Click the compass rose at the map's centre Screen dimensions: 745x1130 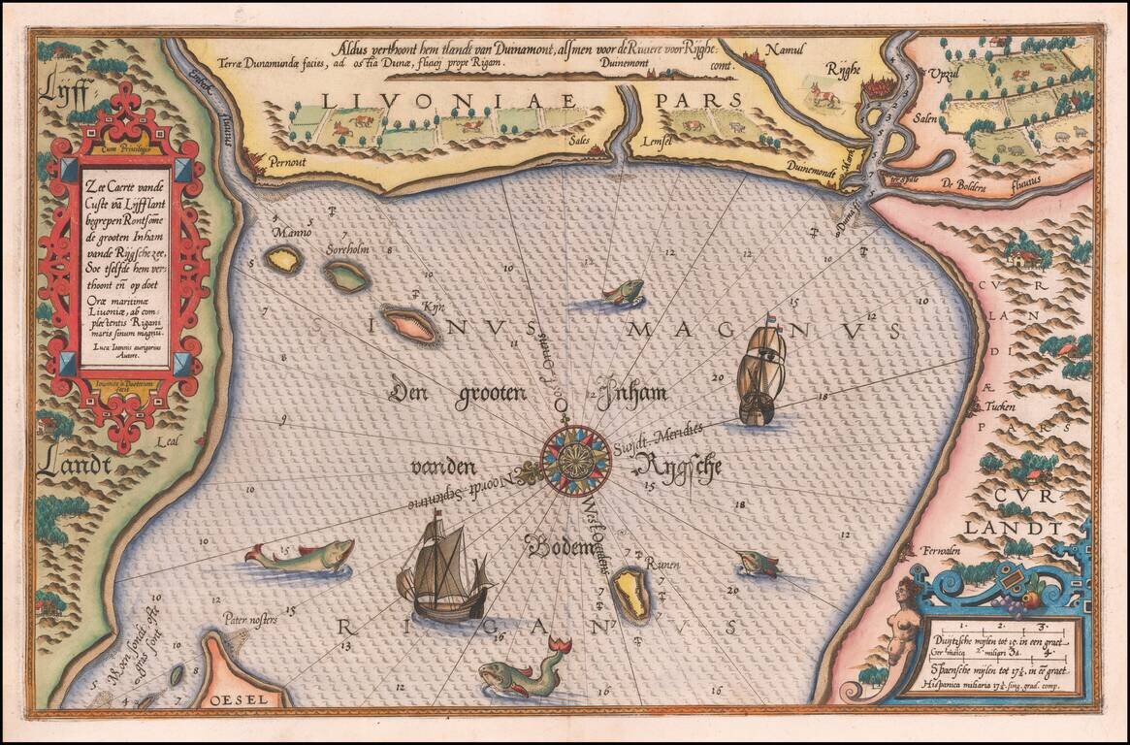575,460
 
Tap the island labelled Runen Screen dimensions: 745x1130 632,594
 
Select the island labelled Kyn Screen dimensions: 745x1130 410,325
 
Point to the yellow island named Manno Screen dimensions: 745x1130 283,259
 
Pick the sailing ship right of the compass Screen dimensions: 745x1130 760,372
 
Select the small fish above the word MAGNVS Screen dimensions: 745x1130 623,291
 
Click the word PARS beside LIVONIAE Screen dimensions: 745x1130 697,100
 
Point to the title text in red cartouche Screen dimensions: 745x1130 124,257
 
